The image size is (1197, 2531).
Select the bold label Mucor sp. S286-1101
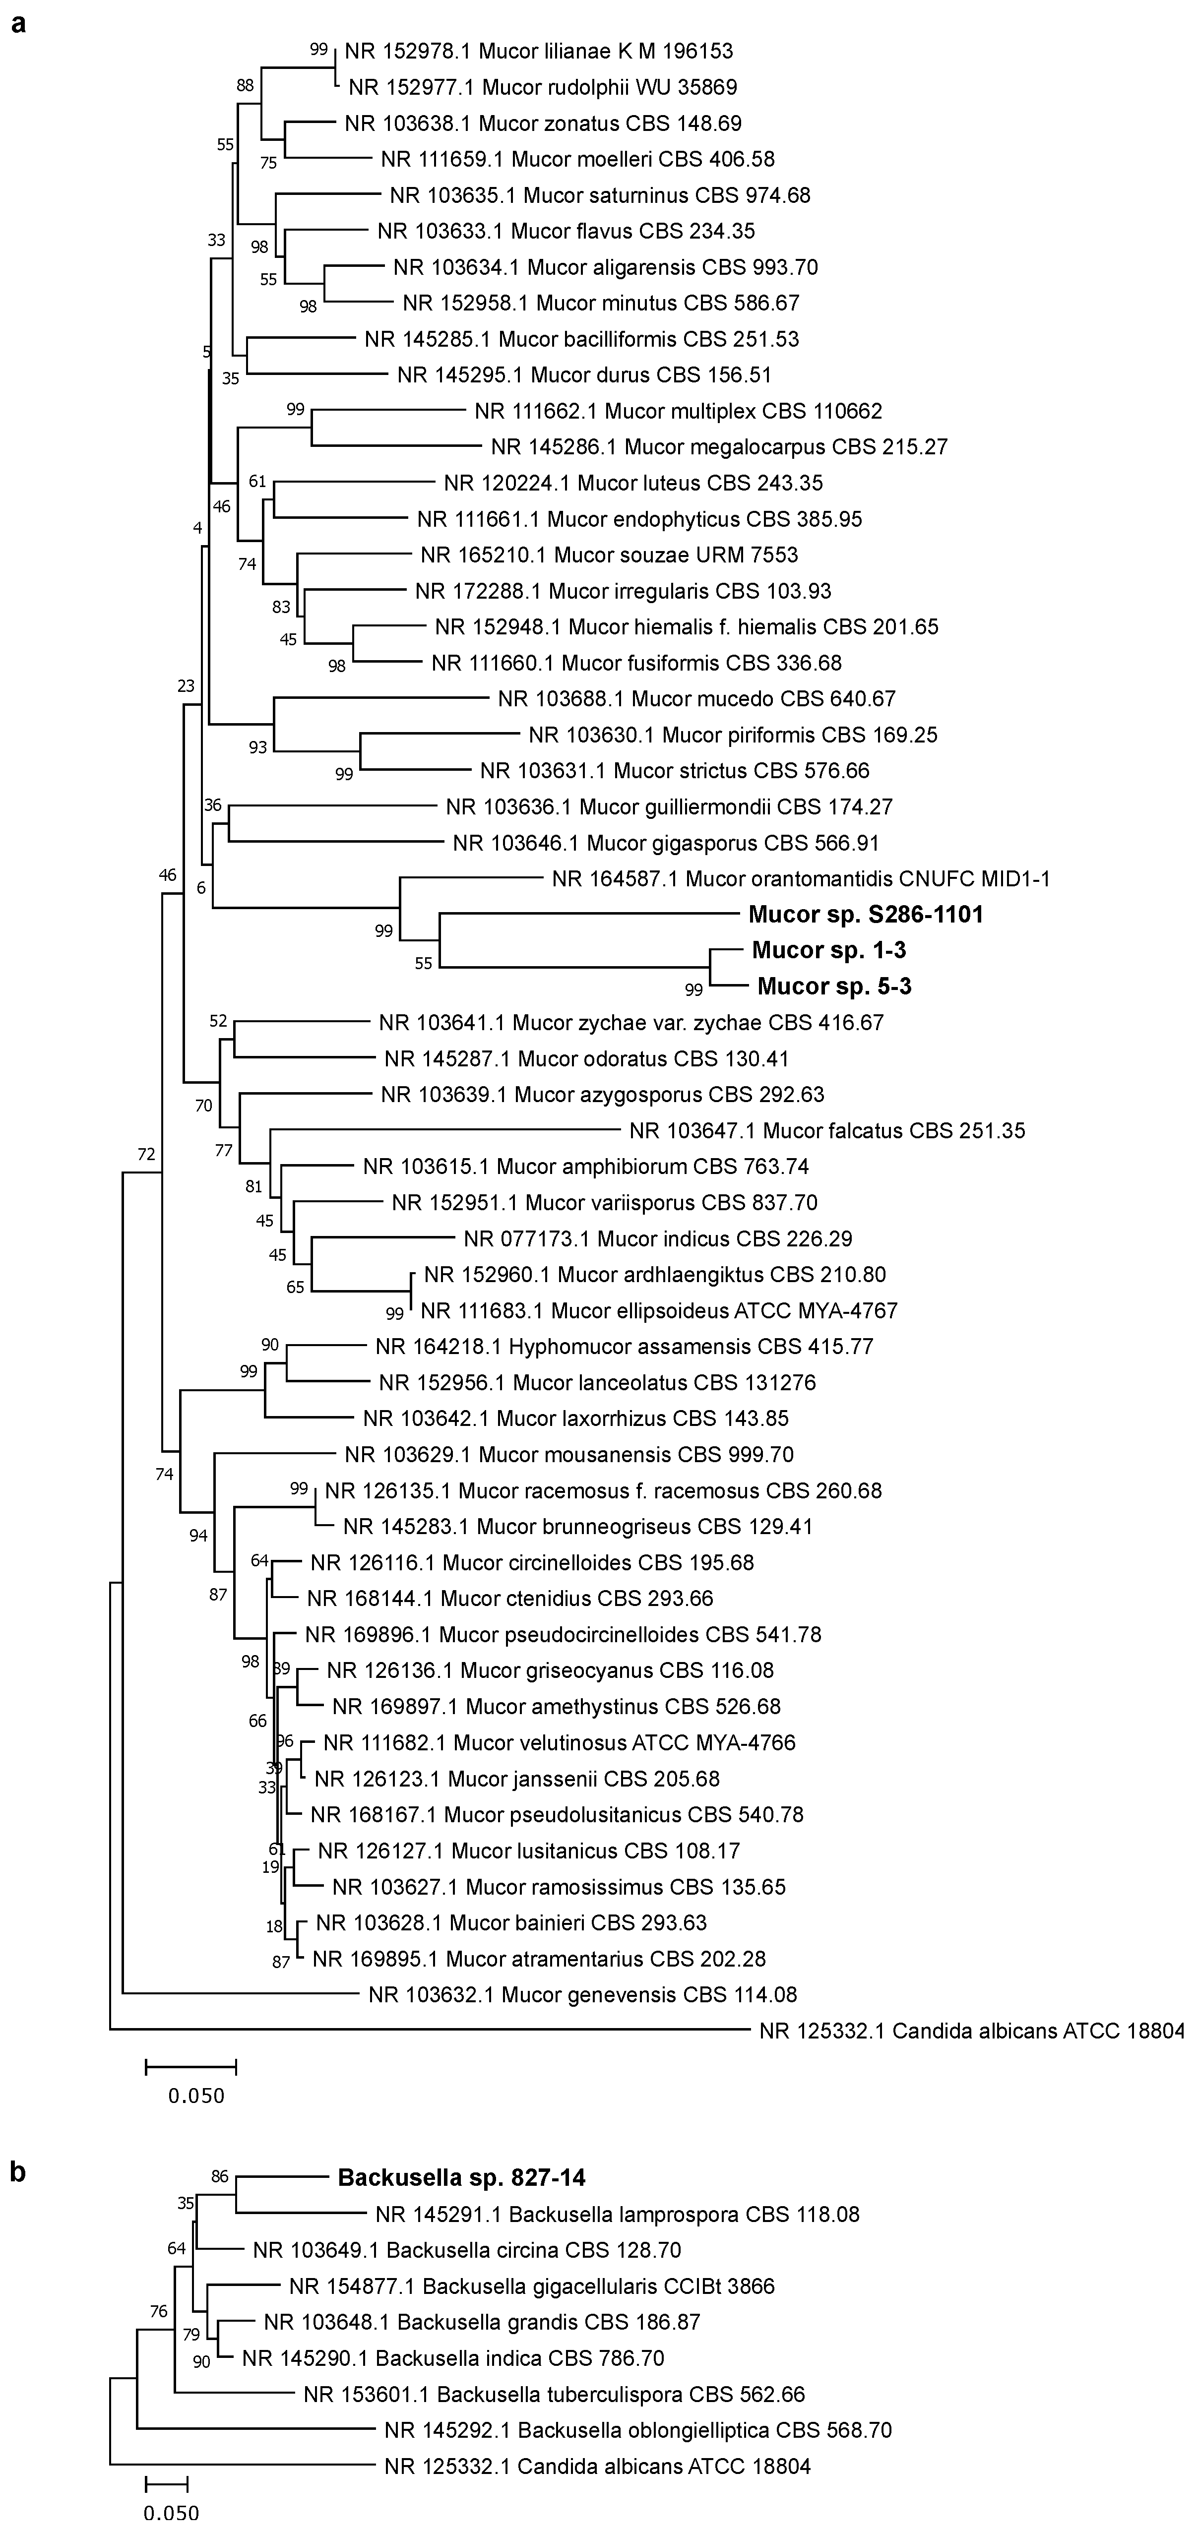tap(865, 915)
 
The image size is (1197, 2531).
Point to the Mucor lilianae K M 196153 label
tap(539, 51)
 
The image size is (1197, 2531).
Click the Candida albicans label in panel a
tap(971, 2031)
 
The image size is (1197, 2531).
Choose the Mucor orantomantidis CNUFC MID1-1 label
tap(801, 878)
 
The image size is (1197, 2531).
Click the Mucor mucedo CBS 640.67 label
tap(697, 698)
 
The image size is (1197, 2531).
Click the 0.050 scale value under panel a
tap(195, 2096)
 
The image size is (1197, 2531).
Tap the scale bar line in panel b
tap(166, 2485)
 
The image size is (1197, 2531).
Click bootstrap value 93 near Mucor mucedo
tap(257, 747)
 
